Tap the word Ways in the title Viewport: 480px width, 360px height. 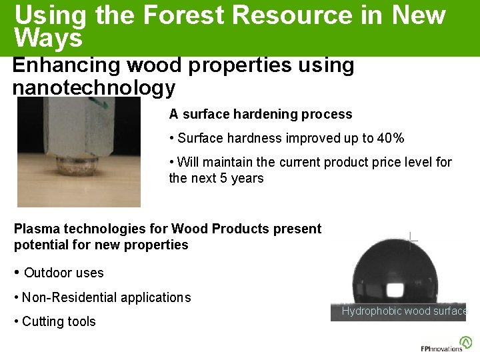point(48,38)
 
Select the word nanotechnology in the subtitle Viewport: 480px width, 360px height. point(94,87)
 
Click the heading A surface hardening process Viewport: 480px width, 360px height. point(260,114)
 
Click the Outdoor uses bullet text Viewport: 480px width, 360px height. point(64,273)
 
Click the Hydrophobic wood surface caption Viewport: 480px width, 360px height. point(404,311)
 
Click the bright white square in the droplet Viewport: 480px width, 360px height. point(397,290)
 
